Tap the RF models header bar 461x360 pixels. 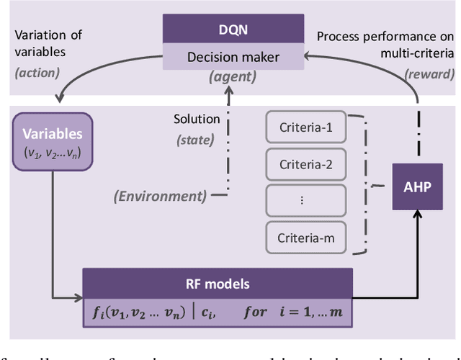click(218, 282)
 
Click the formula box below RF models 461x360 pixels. click(218, 308)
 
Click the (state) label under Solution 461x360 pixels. click(194, 140)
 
